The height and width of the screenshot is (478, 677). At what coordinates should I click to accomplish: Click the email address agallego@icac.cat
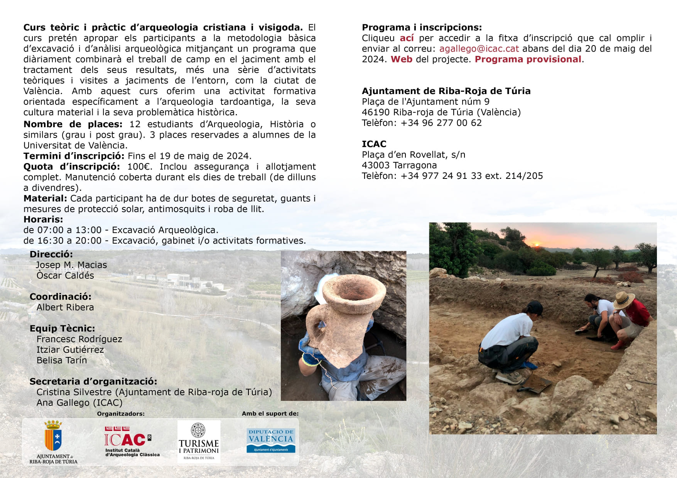(479, 49)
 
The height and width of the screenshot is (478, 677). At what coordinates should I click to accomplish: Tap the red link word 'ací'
(407, 38)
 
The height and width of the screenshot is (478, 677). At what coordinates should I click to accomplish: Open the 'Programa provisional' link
(528, 59)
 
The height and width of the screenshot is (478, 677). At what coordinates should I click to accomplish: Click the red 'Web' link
(401, 59)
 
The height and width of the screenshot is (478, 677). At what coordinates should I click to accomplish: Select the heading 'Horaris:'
(43, 220)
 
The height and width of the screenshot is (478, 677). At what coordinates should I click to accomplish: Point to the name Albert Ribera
(65, 308)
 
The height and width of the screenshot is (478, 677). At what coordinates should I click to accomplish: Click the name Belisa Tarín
(62, 360)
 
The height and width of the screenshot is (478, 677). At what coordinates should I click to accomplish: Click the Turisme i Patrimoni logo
(199, 441)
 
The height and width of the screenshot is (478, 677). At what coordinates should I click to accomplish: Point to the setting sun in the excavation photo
(536, 244)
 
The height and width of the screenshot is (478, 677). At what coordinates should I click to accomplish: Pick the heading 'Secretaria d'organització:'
(93, 382)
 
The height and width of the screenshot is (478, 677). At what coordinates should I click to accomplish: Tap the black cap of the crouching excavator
(536, 308)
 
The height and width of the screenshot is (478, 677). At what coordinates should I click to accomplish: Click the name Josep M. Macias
(71, 265)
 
